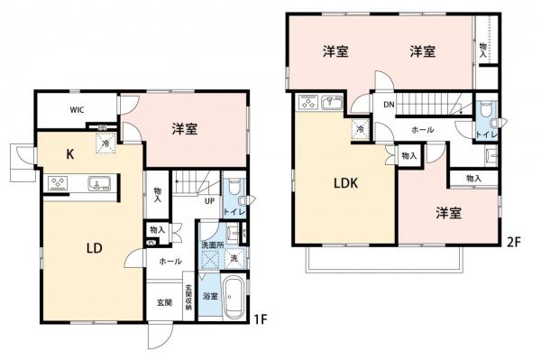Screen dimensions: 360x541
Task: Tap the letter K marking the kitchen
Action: tap(69, 154)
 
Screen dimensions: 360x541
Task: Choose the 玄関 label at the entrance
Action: tap(163, 302)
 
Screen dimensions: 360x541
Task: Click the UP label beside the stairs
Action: tap(208, 200)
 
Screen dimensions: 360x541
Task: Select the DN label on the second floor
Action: tap(388, 106)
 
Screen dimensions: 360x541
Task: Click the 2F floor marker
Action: tap(514, 242)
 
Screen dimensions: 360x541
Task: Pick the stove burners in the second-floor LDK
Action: tap(306, 102)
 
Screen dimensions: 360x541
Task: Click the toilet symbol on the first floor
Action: tap(235, 189)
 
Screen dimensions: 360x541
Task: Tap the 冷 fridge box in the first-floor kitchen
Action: tap(106, 143)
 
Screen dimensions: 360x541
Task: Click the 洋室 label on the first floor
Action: tap(186, 129)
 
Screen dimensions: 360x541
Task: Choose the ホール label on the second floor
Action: tap(421, 129)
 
